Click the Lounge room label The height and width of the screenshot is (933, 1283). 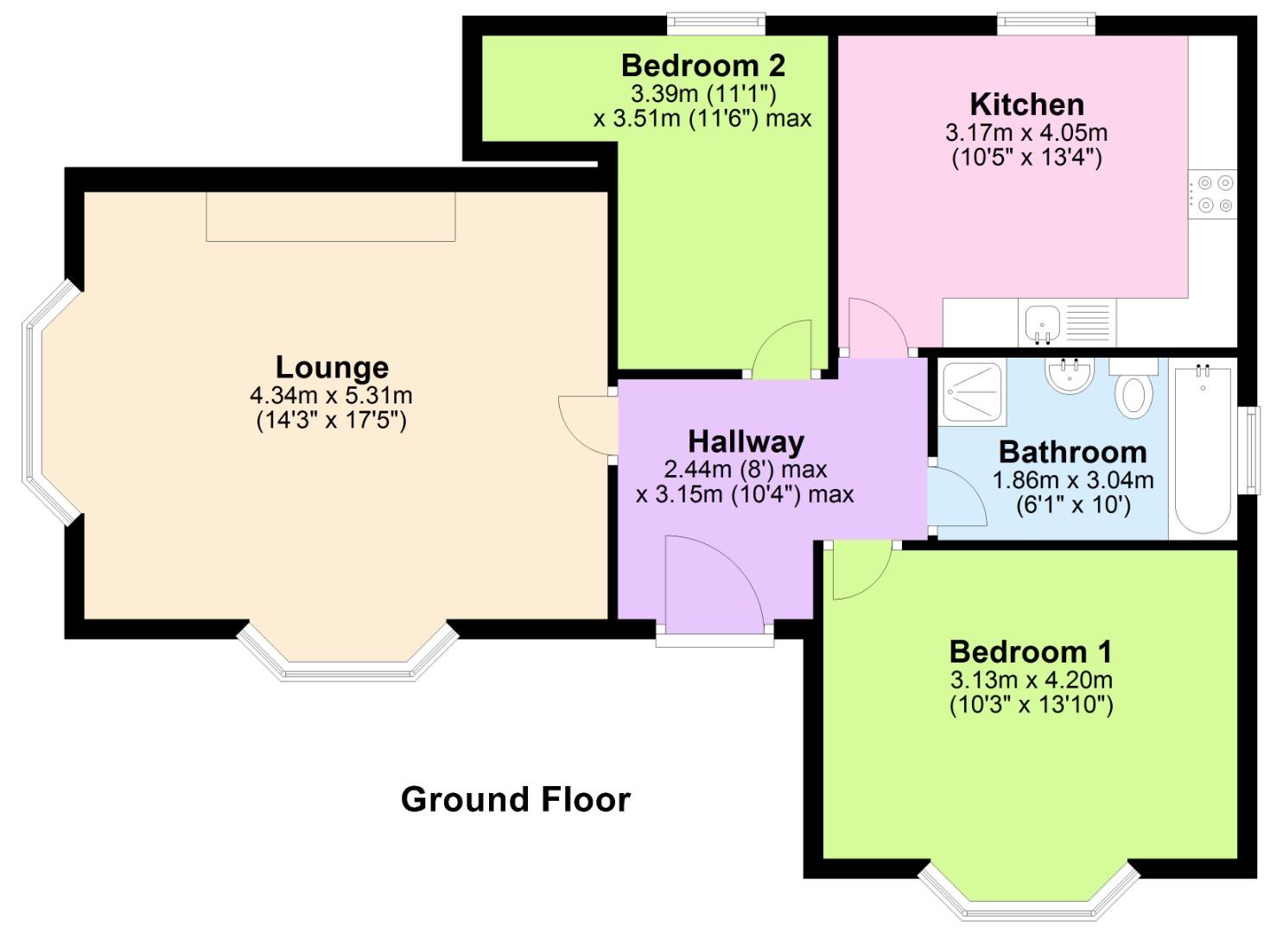click(x=332, y=367)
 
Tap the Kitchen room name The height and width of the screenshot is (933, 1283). click(x=1026, y=104)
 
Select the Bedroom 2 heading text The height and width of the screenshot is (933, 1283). click(x=702, y=65)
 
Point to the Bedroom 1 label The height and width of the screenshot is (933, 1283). click(x=1031, y=651)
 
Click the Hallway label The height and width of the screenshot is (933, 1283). click(x=746, y=441)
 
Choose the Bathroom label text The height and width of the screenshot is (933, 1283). click(x=1072, y=452)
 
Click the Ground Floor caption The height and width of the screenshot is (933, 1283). click(x=516, y=799)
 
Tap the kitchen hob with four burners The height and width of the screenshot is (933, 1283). click(x=1213, y=194)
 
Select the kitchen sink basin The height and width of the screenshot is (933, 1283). click(x=1043, y=323)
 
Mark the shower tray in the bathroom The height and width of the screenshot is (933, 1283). click(x=974, y=393)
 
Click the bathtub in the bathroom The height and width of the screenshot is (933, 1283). click(x=1203, y=449)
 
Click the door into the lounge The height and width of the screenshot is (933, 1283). click(x=588, y=424)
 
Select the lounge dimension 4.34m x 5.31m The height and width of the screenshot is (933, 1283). click(x=331, y=396)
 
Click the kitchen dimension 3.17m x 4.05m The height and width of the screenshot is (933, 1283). click(x=1026, y=133)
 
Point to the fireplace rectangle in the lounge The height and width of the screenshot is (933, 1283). click(x=330, y=216)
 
